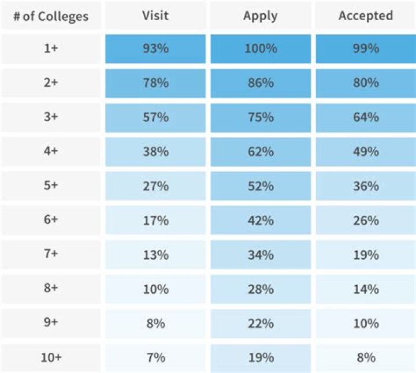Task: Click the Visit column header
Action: pyautogui.click(x=155, y=16)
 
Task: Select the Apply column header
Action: pyautogui.click(x=259, y=16)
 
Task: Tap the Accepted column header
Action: pyautogui.click(x=365, y=16)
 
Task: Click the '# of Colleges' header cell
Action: pyautogui.click(x=51, y=16)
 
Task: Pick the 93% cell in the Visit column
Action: pyautogui.click(x=155, y=49)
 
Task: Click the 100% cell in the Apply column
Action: pyautogui.click(x=259, y=49)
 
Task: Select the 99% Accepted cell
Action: pyautogui.click(x=365, y=49)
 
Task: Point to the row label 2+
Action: pyautogui.click(x=51, y=83)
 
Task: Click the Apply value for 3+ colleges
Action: pyautogui.click(x=259, y=117)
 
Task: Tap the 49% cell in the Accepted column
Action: pyautogui.click(x=365, y=152)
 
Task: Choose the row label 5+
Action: pyautogui.click(x=51, y=186)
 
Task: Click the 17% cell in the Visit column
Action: pyautogui.click(x=155, y=221)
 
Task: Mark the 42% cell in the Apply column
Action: pyautogui.click(x=259, y=221)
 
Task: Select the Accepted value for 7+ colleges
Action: pyautogui.click(x=365, y=255)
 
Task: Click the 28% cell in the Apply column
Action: pyautogui.click(x=259, y=289)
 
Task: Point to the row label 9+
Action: pyautogui.click(x=51, y=323)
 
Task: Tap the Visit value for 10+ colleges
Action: pyautogui.click(x=155, y=357)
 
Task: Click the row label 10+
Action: pyautogui.click(x=51, y=357)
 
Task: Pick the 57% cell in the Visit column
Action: pyautogui.click(x=155, y=117)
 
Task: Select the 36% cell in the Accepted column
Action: pyautogui.click(x=365, y=186)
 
